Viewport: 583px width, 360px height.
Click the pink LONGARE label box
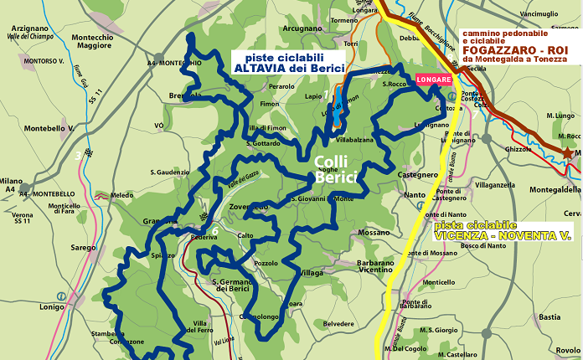coord(433,80)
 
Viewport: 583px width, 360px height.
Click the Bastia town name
coord(549,317)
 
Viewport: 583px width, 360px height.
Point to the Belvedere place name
coord(338,323)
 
